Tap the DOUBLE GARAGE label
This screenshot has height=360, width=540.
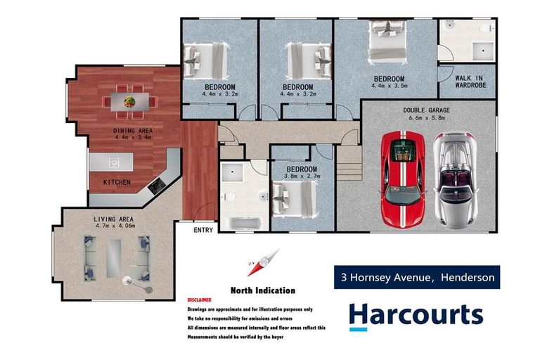coord(427,110)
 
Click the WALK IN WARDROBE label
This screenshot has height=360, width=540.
coord(470,82)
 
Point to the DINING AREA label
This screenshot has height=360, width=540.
coord(133,131)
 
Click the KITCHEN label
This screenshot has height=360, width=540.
coord(117,182)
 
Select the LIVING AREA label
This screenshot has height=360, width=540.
coord(113,219)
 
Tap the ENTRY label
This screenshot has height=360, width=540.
coord(204,229)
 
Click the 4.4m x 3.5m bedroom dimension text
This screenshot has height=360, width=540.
coord(388,86)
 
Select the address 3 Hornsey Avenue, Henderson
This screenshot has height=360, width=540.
coord(416,278)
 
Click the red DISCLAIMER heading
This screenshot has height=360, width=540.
coord(200,299)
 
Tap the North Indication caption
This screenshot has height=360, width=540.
coord(262,290)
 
